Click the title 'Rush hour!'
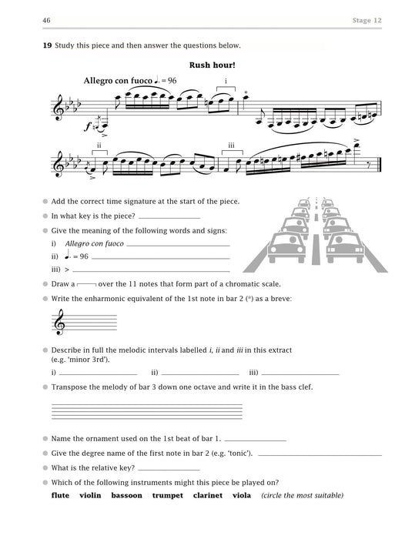[x=212, y=65]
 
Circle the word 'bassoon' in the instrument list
[x=126, y=495]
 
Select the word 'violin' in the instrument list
[x=92, y=495]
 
